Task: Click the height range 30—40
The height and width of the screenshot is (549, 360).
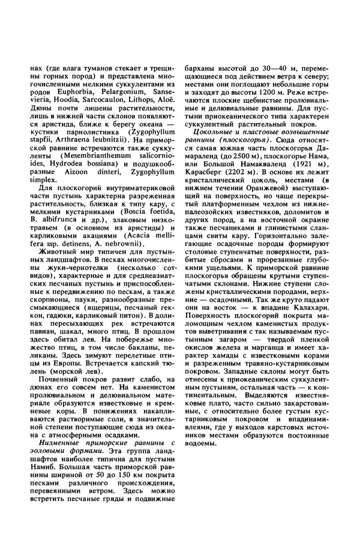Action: tap(259, 70)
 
